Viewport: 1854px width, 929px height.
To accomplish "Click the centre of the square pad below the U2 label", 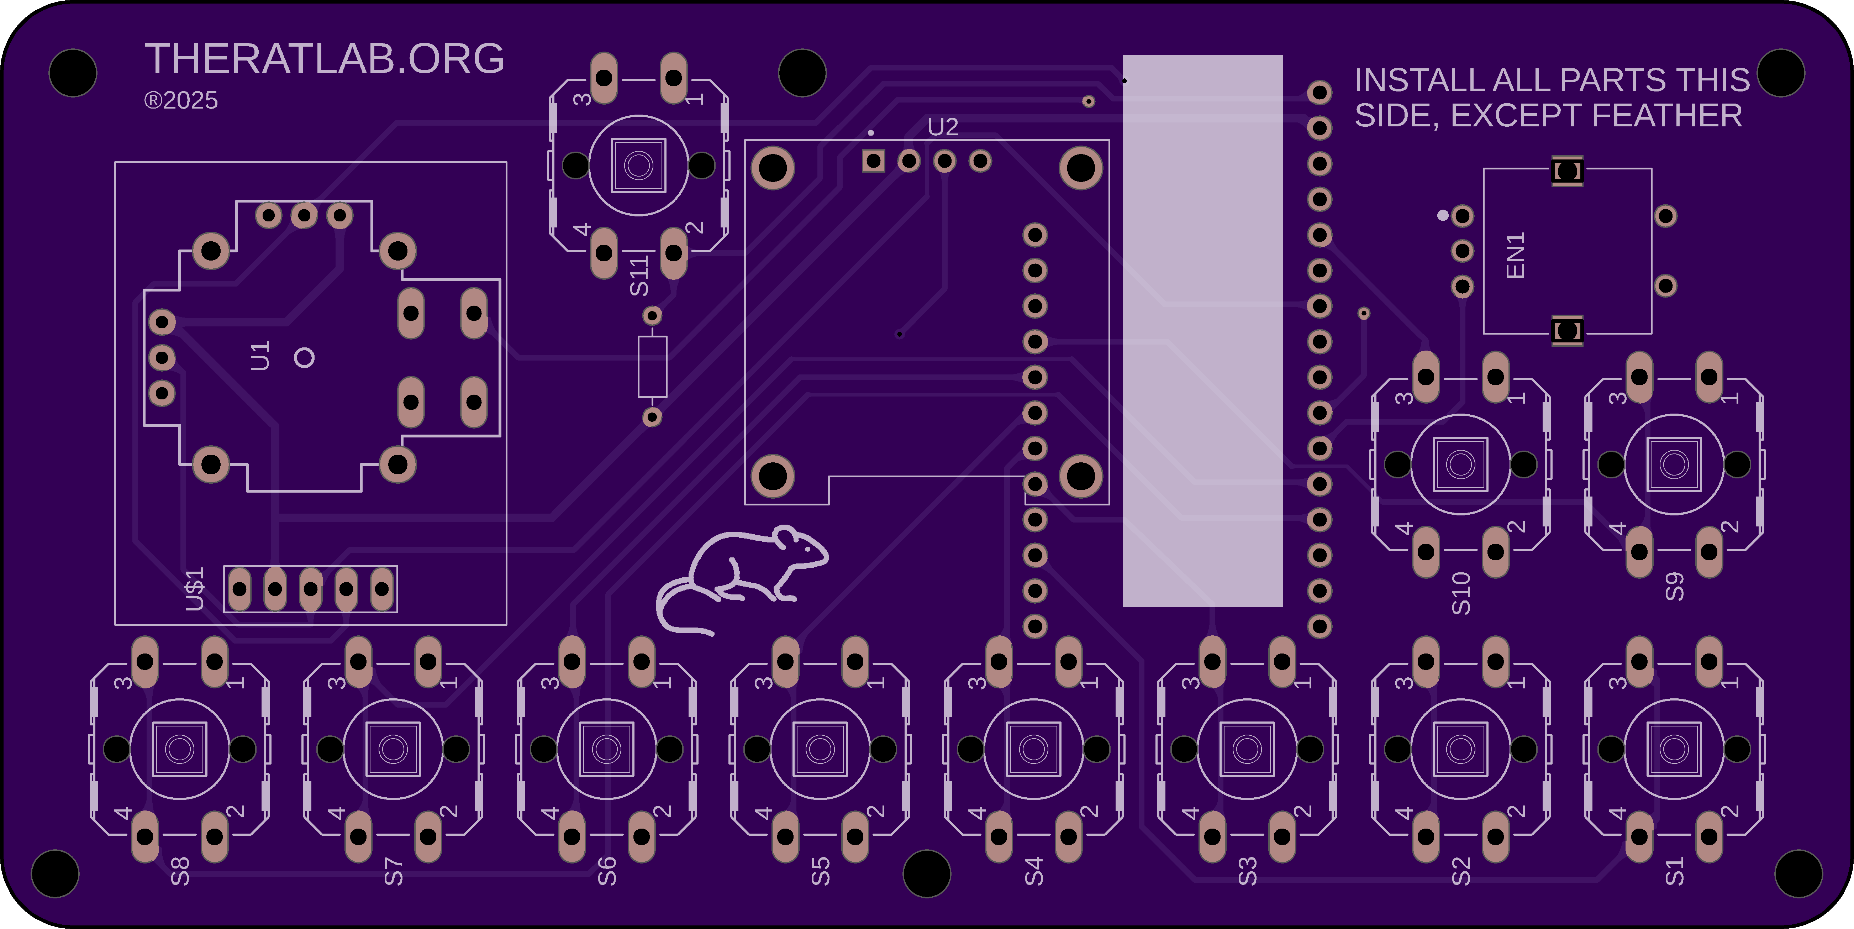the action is click(x=874, y=161).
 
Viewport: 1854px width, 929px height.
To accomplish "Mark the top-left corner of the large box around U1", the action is click(x=115, y=163).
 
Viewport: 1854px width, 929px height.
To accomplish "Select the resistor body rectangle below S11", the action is click(x=652, y=367).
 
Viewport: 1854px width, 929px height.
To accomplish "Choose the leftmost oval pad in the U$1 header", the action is click(x=239, y=589).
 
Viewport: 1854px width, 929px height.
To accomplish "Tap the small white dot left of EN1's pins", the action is click(x=1442, y=215).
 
